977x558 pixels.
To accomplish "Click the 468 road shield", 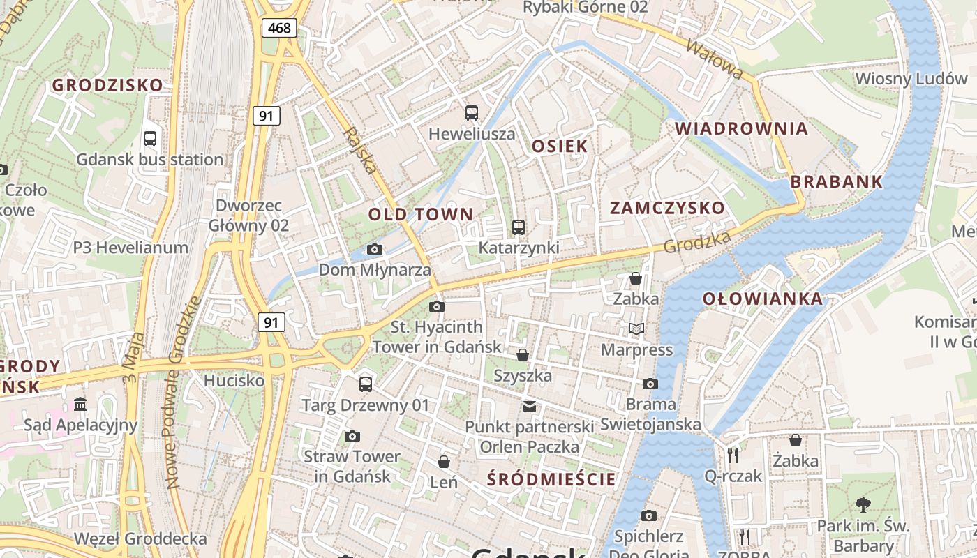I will click(280, 29).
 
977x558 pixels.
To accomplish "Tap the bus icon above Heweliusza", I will click(472, 112).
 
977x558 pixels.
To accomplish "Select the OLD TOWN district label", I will click(421, 214).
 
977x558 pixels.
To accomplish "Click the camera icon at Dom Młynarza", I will click(375, 249).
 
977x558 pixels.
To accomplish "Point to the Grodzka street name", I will click(697, 242).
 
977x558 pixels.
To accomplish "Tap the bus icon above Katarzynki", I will click(518, 227).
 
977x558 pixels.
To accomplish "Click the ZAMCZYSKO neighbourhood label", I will click(667, 208).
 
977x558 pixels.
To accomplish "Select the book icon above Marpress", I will click(636, 329).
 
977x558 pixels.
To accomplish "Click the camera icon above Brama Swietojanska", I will click(650, 384).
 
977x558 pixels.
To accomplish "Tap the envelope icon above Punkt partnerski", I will click(530, 406).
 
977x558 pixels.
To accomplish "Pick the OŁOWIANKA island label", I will click(762, 299).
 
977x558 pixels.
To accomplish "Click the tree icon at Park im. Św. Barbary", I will click(863, 504).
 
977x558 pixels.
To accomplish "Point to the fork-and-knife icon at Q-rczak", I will click(733, 455).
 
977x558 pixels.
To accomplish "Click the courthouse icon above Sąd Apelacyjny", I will click(80, 405).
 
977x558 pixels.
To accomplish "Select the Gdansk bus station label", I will click(150, 160).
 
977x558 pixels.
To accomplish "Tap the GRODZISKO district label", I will click(107, 86).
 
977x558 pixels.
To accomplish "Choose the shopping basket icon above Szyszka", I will click(522, 355).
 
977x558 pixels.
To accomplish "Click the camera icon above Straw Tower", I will click(352, 436).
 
